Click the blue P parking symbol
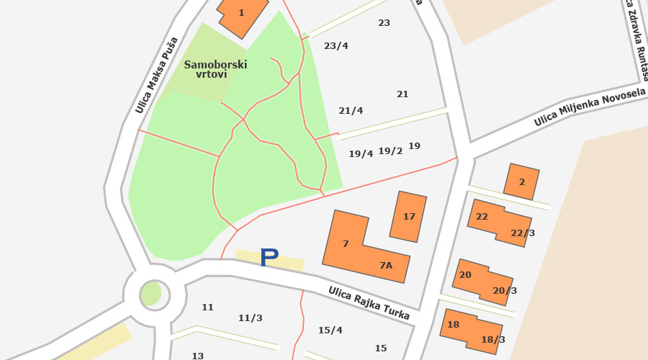click(269, 257)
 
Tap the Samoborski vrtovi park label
click(215, 69)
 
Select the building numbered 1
click(242, 14)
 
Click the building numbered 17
click(409, 216)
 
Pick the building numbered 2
click(521, 181)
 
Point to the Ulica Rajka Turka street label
click(369, 303)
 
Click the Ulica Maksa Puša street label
click(156, 76)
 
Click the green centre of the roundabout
click(151, 293)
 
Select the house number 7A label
click(386, 266)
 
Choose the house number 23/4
click(336, 46)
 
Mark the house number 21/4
click(351, 111)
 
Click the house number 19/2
click(390, 151)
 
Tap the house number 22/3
click(523, 233)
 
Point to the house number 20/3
click(505, 291)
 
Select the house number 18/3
click(493, 340)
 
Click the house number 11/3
click(251, 318)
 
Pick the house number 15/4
click(330, 330)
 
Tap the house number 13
click(198, 356)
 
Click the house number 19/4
click(361, 154)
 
